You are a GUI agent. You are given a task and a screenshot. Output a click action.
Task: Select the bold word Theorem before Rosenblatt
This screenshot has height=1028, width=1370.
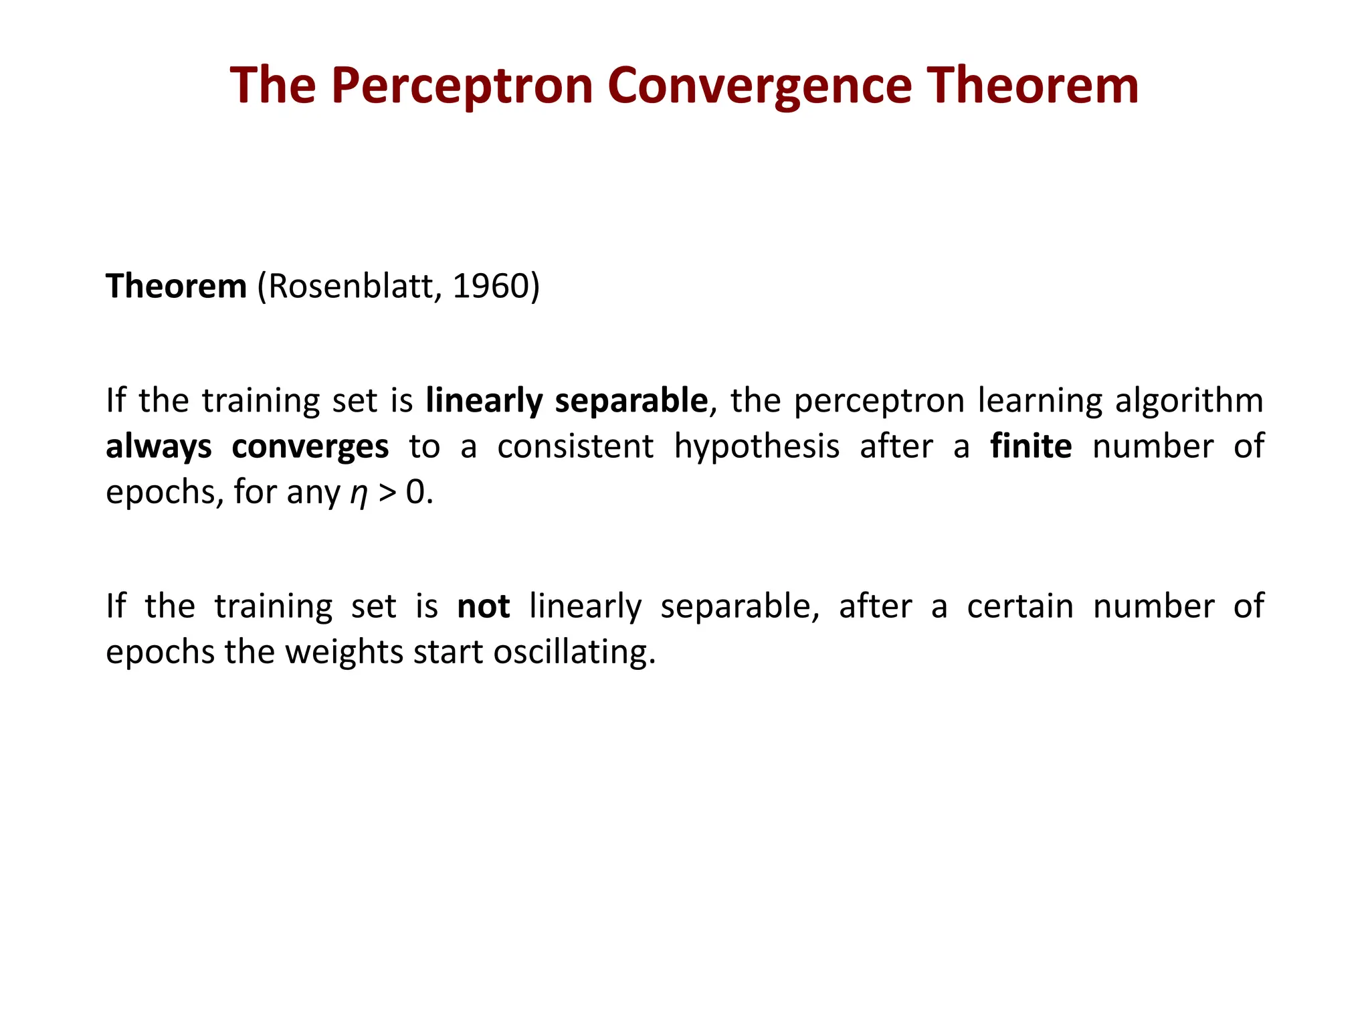pyautogui.click(x=176, y=286)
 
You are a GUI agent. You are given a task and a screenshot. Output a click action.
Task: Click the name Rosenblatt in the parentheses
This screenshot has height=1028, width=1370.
pyautogui.click(x=350, y=286)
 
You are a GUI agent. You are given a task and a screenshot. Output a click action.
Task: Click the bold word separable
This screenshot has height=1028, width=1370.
pyautogui.click(x=631, y=401)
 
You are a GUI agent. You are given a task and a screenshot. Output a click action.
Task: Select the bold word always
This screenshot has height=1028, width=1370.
pyautogui.click(x=158, y=446)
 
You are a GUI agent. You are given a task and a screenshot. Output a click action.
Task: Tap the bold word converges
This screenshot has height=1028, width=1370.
pyautogui.click(x=310, y=446)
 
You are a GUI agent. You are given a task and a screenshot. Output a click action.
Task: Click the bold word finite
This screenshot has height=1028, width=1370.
pyautogui.click(x=1031, y=446)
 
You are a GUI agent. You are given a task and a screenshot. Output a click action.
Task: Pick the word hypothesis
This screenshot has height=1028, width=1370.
pyautogui.click(x=756, y=446)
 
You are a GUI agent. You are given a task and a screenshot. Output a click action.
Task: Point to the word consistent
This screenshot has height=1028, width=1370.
pyautogui.click(x=575, y=446)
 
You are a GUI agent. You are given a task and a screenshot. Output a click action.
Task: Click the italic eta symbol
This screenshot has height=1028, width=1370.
pyautogui.click(x=359, y=493)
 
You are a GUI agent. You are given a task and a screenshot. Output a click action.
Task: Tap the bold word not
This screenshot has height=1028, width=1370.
pyautogui.click(x=483, y=606)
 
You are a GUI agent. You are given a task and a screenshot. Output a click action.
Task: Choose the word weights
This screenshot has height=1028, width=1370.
pyautogui.click(x=344, y=652)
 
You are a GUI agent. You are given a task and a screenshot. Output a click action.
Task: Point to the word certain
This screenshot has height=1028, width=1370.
pyautogui.click(x=1020, y=606)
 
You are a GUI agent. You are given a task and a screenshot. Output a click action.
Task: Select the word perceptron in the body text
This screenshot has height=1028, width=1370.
pyautogui.click(x=879, y=401)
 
